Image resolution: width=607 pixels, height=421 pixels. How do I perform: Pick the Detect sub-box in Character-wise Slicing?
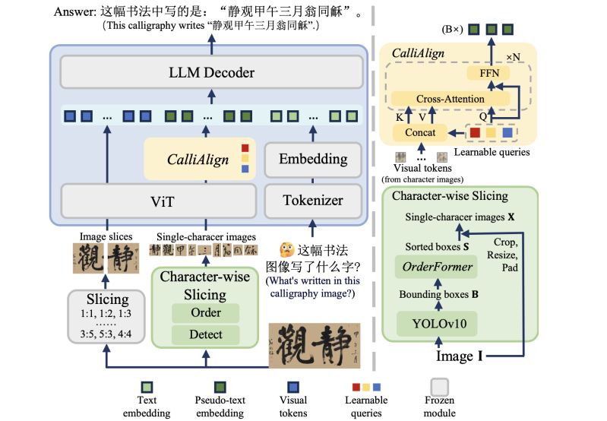206,334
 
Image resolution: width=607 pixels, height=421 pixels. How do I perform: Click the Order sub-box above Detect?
206,313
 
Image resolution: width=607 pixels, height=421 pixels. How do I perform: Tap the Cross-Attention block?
450,100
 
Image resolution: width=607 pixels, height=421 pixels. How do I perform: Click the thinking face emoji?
286,250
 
